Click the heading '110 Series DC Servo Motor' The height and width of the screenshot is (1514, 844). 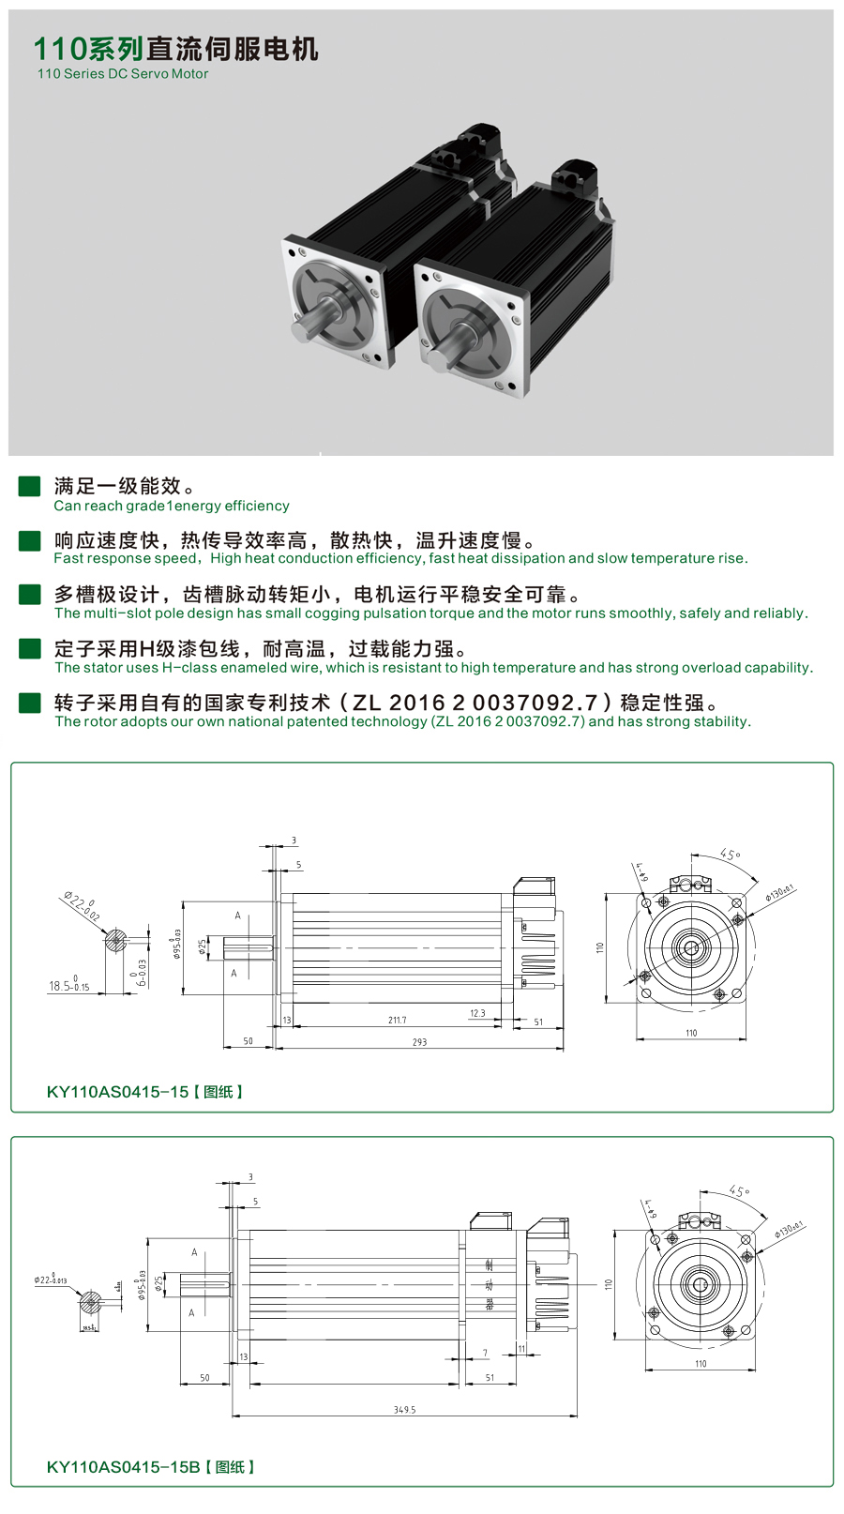pyautogui.click(x=123, y=74)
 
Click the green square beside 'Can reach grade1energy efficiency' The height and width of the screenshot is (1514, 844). pyautogui.click(x=30, y=486)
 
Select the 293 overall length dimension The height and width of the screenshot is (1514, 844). pyautogui.click(x=419, y=1042)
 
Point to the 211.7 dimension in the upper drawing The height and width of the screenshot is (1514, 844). pyautogui.click(x=397, y=1020)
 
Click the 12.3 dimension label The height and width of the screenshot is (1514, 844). pyautogui.click(x=477, y=1013)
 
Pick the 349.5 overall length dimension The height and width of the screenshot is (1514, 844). pyautogui.click(x=404, y=1410)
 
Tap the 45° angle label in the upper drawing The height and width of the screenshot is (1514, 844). pyautogui.click(x=730, y=855)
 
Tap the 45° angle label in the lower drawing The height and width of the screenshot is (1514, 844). pyautogui.click(x=738, y=1191)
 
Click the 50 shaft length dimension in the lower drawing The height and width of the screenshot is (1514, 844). pyautogui.click(x=204, y=1378)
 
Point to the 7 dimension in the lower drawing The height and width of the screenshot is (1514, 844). pyautogui.click(x=485, y=1353)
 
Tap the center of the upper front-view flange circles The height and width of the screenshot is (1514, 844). pyautogui.click(x=691, y=947)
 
